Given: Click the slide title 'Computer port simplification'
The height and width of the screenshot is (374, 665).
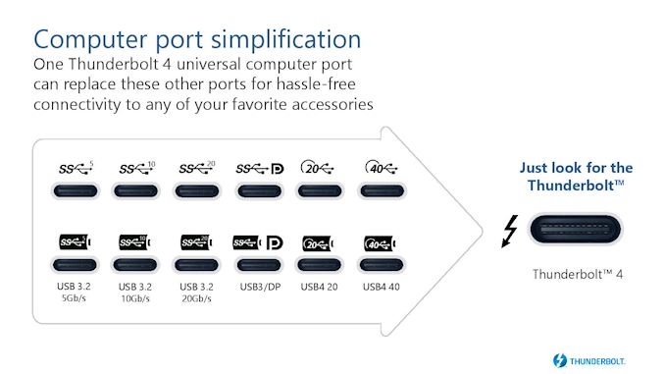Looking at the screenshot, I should [197, 39].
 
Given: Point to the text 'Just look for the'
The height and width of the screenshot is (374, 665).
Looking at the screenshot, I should [576, 167].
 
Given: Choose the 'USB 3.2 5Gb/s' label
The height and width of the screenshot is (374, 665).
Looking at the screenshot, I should [76, 293].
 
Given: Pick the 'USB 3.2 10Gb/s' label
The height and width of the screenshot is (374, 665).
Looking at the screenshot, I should [136, 293].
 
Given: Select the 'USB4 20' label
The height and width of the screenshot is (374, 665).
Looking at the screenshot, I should [320, 288].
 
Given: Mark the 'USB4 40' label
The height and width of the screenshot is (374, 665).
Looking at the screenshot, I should [381, 288].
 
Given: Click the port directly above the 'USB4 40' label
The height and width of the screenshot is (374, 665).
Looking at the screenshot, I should [381, 265].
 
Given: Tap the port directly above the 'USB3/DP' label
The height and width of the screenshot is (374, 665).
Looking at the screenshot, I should [259, 265].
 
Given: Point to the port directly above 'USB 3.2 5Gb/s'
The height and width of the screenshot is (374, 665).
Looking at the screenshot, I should [76, 265].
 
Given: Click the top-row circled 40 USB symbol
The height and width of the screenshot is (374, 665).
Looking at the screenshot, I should [379, 168].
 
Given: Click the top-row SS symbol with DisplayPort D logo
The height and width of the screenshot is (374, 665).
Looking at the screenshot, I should [258, 168].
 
